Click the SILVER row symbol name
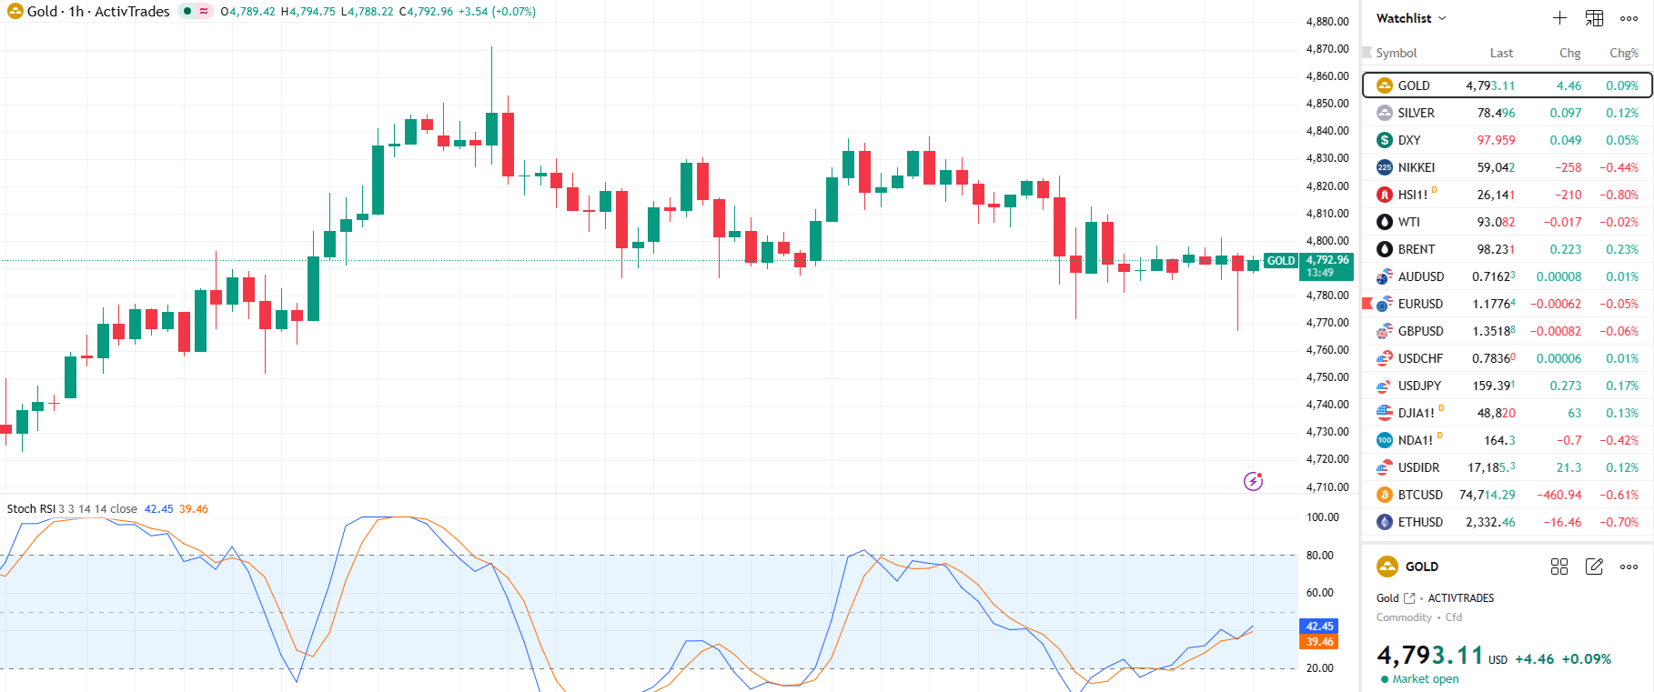[1416, 113]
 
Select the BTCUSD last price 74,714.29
[1487, 495]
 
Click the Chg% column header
[1623, 53]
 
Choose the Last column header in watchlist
[1501, 53]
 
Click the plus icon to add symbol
[1559, 18]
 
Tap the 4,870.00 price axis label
[1327, 49]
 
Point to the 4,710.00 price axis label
[1327, 486]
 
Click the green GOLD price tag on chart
[1281, 261]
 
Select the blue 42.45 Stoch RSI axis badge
[1319, 627]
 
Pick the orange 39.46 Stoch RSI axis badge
[1319, 642]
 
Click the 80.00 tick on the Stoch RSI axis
[1320, 555]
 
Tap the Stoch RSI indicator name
[31, 509]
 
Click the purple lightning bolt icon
[1254, 481]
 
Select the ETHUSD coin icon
[1385, 522]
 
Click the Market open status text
[1425, 679]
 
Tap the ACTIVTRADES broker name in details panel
[1460, 598]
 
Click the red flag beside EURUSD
[1367, 303]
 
